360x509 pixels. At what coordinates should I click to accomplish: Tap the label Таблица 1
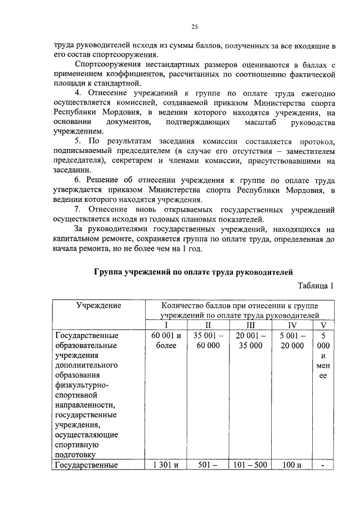pos(316,285)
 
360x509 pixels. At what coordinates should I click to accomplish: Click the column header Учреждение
pos(98,305)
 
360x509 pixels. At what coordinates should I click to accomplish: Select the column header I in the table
pos(165,325)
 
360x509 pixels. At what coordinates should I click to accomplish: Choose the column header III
pos(250,325)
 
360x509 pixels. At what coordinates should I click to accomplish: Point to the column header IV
pos(291,325)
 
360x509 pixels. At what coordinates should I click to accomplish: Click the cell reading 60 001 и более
pos(165,341)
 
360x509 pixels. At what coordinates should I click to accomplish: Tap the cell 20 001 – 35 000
pos(250,341)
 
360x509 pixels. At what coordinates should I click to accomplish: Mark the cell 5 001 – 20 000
pos(291,341)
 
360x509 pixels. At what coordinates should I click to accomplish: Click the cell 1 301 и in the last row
pos(165,465)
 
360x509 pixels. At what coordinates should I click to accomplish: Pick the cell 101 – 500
pos(250,465)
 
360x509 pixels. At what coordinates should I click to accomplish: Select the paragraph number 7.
pos(78,209)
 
